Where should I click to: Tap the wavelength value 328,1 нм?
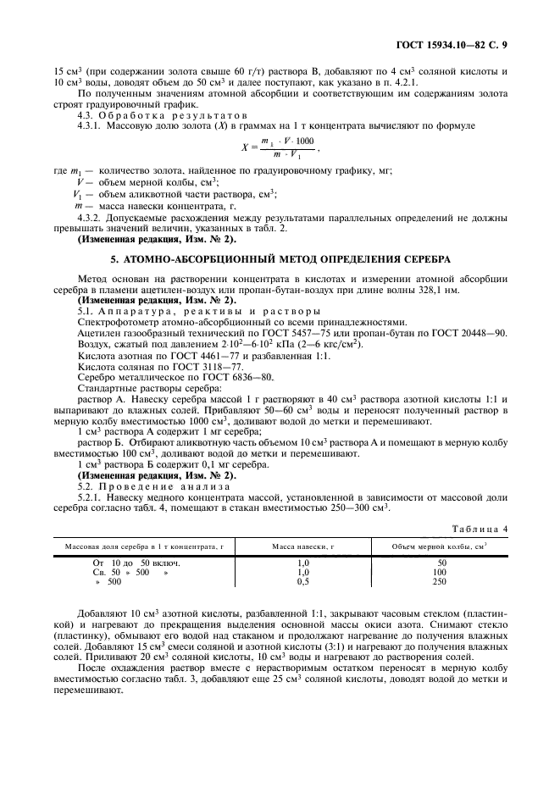[438, 290]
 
